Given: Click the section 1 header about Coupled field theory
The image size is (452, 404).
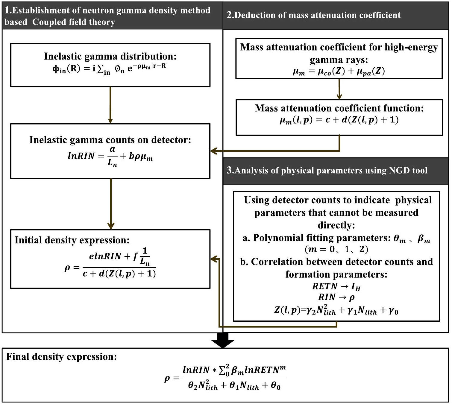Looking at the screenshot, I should [x=108, y=16].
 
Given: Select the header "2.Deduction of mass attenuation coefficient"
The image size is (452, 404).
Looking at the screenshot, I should [x=313, y=15].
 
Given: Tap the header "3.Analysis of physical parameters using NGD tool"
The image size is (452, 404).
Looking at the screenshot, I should [x=327, y=170].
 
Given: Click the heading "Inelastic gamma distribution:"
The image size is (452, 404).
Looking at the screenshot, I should [x=110, y=56].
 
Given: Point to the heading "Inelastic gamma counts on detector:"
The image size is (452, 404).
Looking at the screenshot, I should [x=110, y=140].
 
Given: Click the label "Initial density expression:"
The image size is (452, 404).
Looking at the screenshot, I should [x=72, y=240].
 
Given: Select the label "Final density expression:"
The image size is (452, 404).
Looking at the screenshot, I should [x=61, y=357].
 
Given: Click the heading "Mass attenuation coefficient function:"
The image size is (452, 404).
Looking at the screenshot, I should [x=339, y=108].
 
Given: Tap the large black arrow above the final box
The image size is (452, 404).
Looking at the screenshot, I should [x=223, y=341].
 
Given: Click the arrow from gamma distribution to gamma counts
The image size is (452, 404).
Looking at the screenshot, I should [x=110, y=105].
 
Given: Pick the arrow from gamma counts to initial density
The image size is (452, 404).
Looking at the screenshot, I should [x=111, y=203].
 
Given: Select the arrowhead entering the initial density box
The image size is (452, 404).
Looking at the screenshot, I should [x=214, y=259].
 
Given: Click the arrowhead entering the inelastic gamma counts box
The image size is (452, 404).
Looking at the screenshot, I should [x=214, y=151].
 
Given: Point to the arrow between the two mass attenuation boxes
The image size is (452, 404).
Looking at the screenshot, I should [x=339, y=89].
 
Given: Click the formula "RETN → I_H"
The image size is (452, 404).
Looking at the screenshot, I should [x=336, y=286].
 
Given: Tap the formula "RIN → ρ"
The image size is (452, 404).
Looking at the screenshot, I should [x=336, y=297].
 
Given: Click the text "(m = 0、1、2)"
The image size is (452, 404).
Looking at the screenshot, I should [x=336, y=249].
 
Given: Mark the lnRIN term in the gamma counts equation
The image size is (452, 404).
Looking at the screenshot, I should [x=81, y=156].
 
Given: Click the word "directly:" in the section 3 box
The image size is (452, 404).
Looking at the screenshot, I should [x=336, y=225].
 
